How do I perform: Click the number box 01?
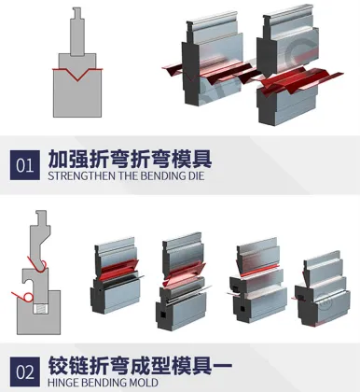coord(24,164)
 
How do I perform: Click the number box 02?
coord(24,371)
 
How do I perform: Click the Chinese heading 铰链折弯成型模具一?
coord(139,362)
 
